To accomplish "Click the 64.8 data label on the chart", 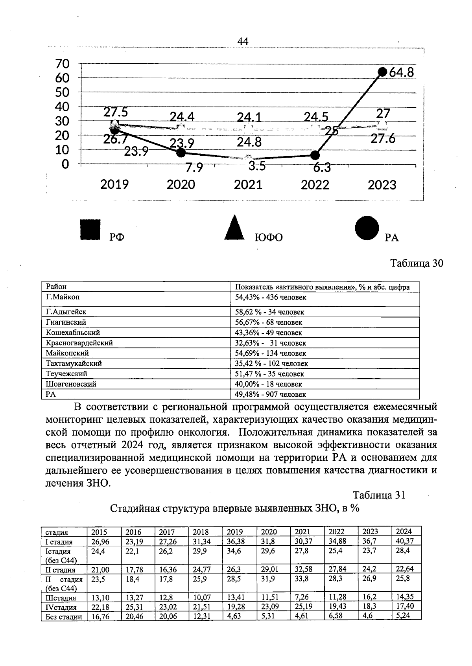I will coord(402,73).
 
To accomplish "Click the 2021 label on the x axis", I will coord(248,184).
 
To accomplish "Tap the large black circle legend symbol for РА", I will coord(367,228).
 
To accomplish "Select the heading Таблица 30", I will coord(417,263).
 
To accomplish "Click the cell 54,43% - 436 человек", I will coord(271,298).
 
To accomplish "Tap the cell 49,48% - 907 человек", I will coord(271,394).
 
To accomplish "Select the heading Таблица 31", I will coord(378,495).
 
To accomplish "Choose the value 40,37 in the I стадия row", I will coord(405,541).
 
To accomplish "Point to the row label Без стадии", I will coord(64,616).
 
